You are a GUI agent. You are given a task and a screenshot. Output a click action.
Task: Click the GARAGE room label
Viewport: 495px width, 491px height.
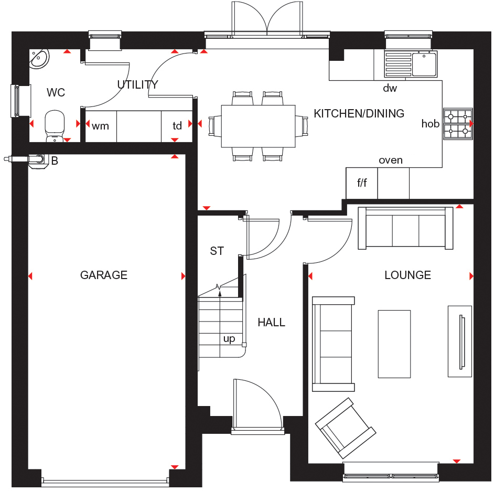point(104,275)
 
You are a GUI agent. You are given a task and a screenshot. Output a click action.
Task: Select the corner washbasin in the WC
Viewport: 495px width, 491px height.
point(39,59)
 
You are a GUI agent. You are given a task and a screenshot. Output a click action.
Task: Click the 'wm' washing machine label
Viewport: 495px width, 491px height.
point(100,126)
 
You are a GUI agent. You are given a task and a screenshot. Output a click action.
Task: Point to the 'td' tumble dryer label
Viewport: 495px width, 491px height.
point(177,126)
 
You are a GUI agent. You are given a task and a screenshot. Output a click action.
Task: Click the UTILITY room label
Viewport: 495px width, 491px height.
point(137,85)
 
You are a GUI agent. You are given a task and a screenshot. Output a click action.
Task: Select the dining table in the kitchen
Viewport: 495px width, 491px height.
point(258,126)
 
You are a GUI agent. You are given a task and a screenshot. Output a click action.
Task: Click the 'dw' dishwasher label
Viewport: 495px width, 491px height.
point(390,88)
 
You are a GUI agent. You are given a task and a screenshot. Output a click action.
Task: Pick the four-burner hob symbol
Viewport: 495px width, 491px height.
point(458,124)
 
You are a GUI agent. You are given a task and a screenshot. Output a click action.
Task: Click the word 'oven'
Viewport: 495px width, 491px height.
point(391,160)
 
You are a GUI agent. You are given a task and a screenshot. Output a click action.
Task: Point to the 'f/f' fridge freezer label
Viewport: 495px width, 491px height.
point(362,184)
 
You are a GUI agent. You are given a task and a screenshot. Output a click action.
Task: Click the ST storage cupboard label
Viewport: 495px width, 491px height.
point(217,251)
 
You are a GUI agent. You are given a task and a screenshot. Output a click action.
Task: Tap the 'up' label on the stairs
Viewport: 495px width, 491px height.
point(229,339)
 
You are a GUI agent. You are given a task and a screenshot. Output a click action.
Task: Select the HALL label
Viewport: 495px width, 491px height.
point(271,323)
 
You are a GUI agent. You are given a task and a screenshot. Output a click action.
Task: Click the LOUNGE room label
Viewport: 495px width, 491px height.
point(407,275)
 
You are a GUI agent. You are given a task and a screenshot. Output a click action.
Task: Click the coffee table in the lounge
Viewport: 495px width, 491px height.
point(394,343)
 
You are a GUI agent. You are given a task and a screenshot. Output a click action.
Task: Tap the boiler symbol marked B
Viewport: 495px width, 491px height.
point(37,160)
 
